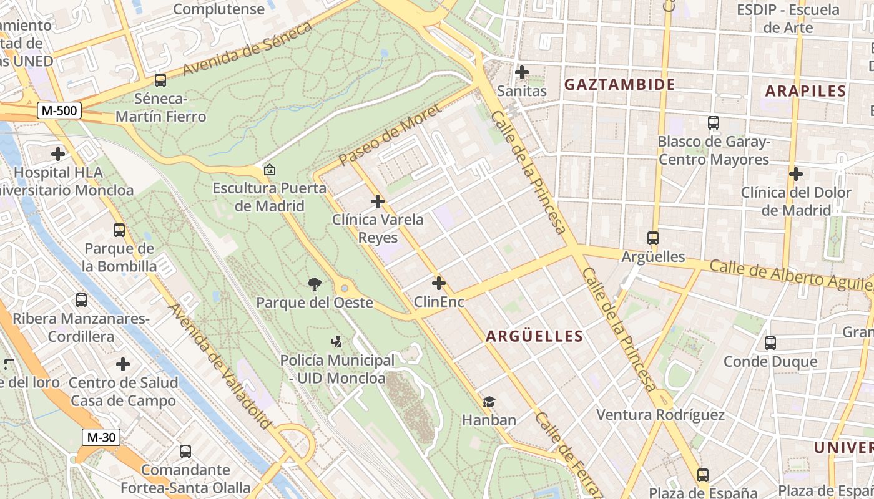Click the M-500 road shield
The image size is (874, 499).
59,111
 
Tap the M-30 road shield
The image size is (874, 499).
101,437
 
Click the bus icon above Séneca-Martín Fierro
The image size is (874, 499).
160,80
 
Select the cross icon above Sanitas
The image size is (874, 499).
521,72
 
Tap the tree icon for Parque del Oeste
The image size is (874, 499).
315,284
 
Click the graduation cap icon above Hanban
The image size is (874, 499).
489,402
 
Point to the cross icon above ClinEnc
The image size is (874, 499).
439,283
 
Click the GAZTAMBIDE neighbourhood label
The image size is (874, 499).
619,84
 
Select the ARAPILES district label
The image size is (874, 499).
805,90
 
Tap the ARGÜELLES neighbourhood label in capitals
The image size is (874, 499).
534,336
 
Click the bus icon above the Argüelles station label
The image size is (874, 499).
653,238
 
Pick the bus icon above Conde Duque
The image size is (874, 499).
770,342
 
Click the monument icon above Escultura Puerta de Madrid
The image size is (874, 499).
270,170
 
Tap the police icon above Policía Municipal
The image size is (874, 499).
337,341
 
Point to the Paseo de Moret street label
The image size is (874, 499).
390,135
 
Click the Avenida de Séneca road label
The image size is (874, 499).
248,49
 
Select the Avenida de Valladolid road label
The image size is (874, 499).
221,366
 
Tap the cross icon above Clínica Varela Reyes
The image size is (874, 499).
378,201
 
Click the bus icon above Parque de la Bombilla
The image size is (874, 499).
119,230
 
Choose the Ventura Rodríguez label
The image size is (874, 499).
660,415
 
